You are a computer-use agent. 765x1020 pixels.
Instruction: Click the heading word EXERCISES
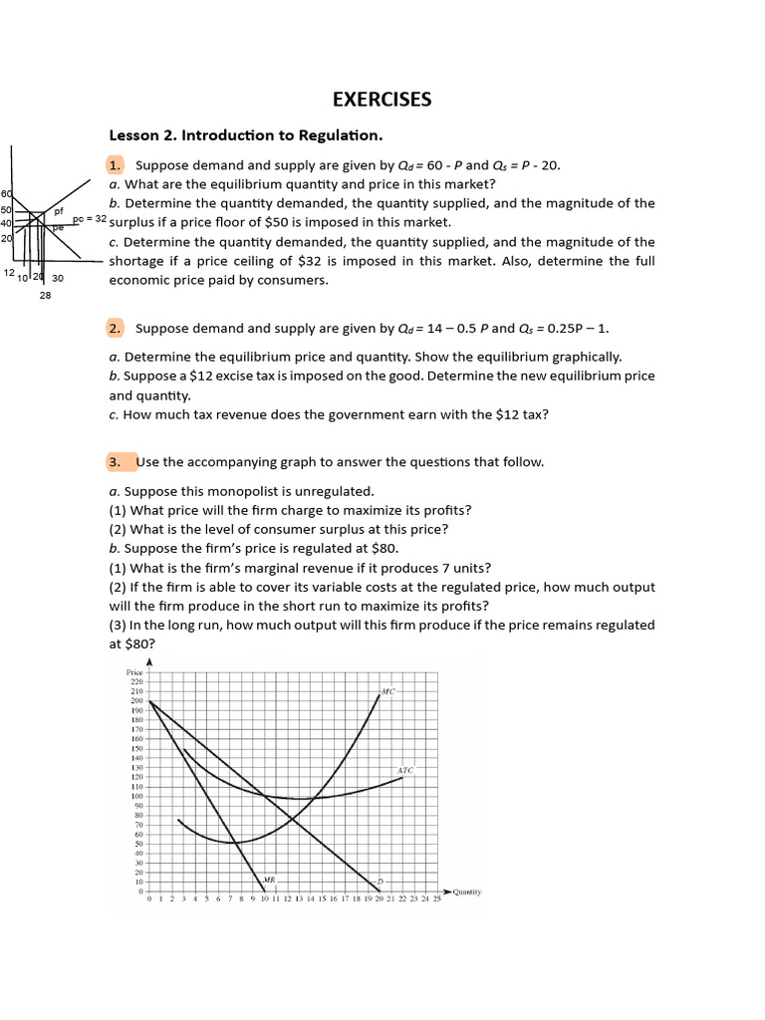[382, 99]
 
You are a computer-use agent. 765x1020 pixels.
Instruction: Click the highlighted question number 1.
[116, 165]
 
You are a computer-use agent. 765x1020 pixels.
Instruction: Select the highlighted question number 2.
[116, 328]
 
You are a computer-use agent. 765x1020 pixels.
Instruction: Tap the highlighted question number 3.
[116, 462]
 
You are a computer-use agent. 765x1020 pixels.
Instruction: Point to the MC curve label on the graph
[388, 690]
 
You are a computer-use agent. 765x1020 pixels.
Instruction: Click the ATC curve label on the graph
[405, 770]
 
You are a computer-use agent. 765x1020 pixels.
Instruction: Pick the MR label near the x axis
[268, 880]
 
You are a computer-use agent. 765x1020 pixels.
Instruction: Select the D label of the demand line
[379, 881]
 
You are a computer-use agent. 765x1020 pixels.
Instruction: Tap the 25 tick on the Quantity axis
[436, 899]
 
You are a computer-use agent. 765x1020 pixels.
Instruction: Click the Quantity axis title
[466, 892]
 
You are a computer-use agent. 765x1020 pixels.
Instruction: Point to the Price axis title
[135, 672]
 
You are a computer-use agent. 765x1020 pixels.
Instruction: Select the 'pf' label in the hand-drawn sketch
[59, 211]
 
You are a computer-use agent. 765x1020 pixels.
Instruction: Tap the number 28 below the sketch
[45, 296]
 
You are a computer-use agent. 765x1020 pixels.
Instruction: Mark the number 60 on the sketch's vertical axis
[6, 193]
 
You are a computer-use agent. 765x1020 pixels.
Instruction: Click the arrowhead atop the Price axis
[149, 662]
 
